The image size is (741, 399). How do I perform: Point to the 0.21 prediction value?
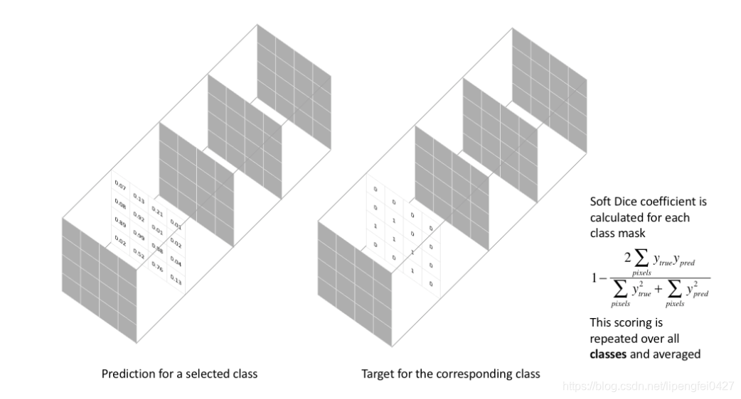coord(157,213)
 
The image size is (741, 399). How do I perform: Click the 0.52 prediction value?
coord(138,253)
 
